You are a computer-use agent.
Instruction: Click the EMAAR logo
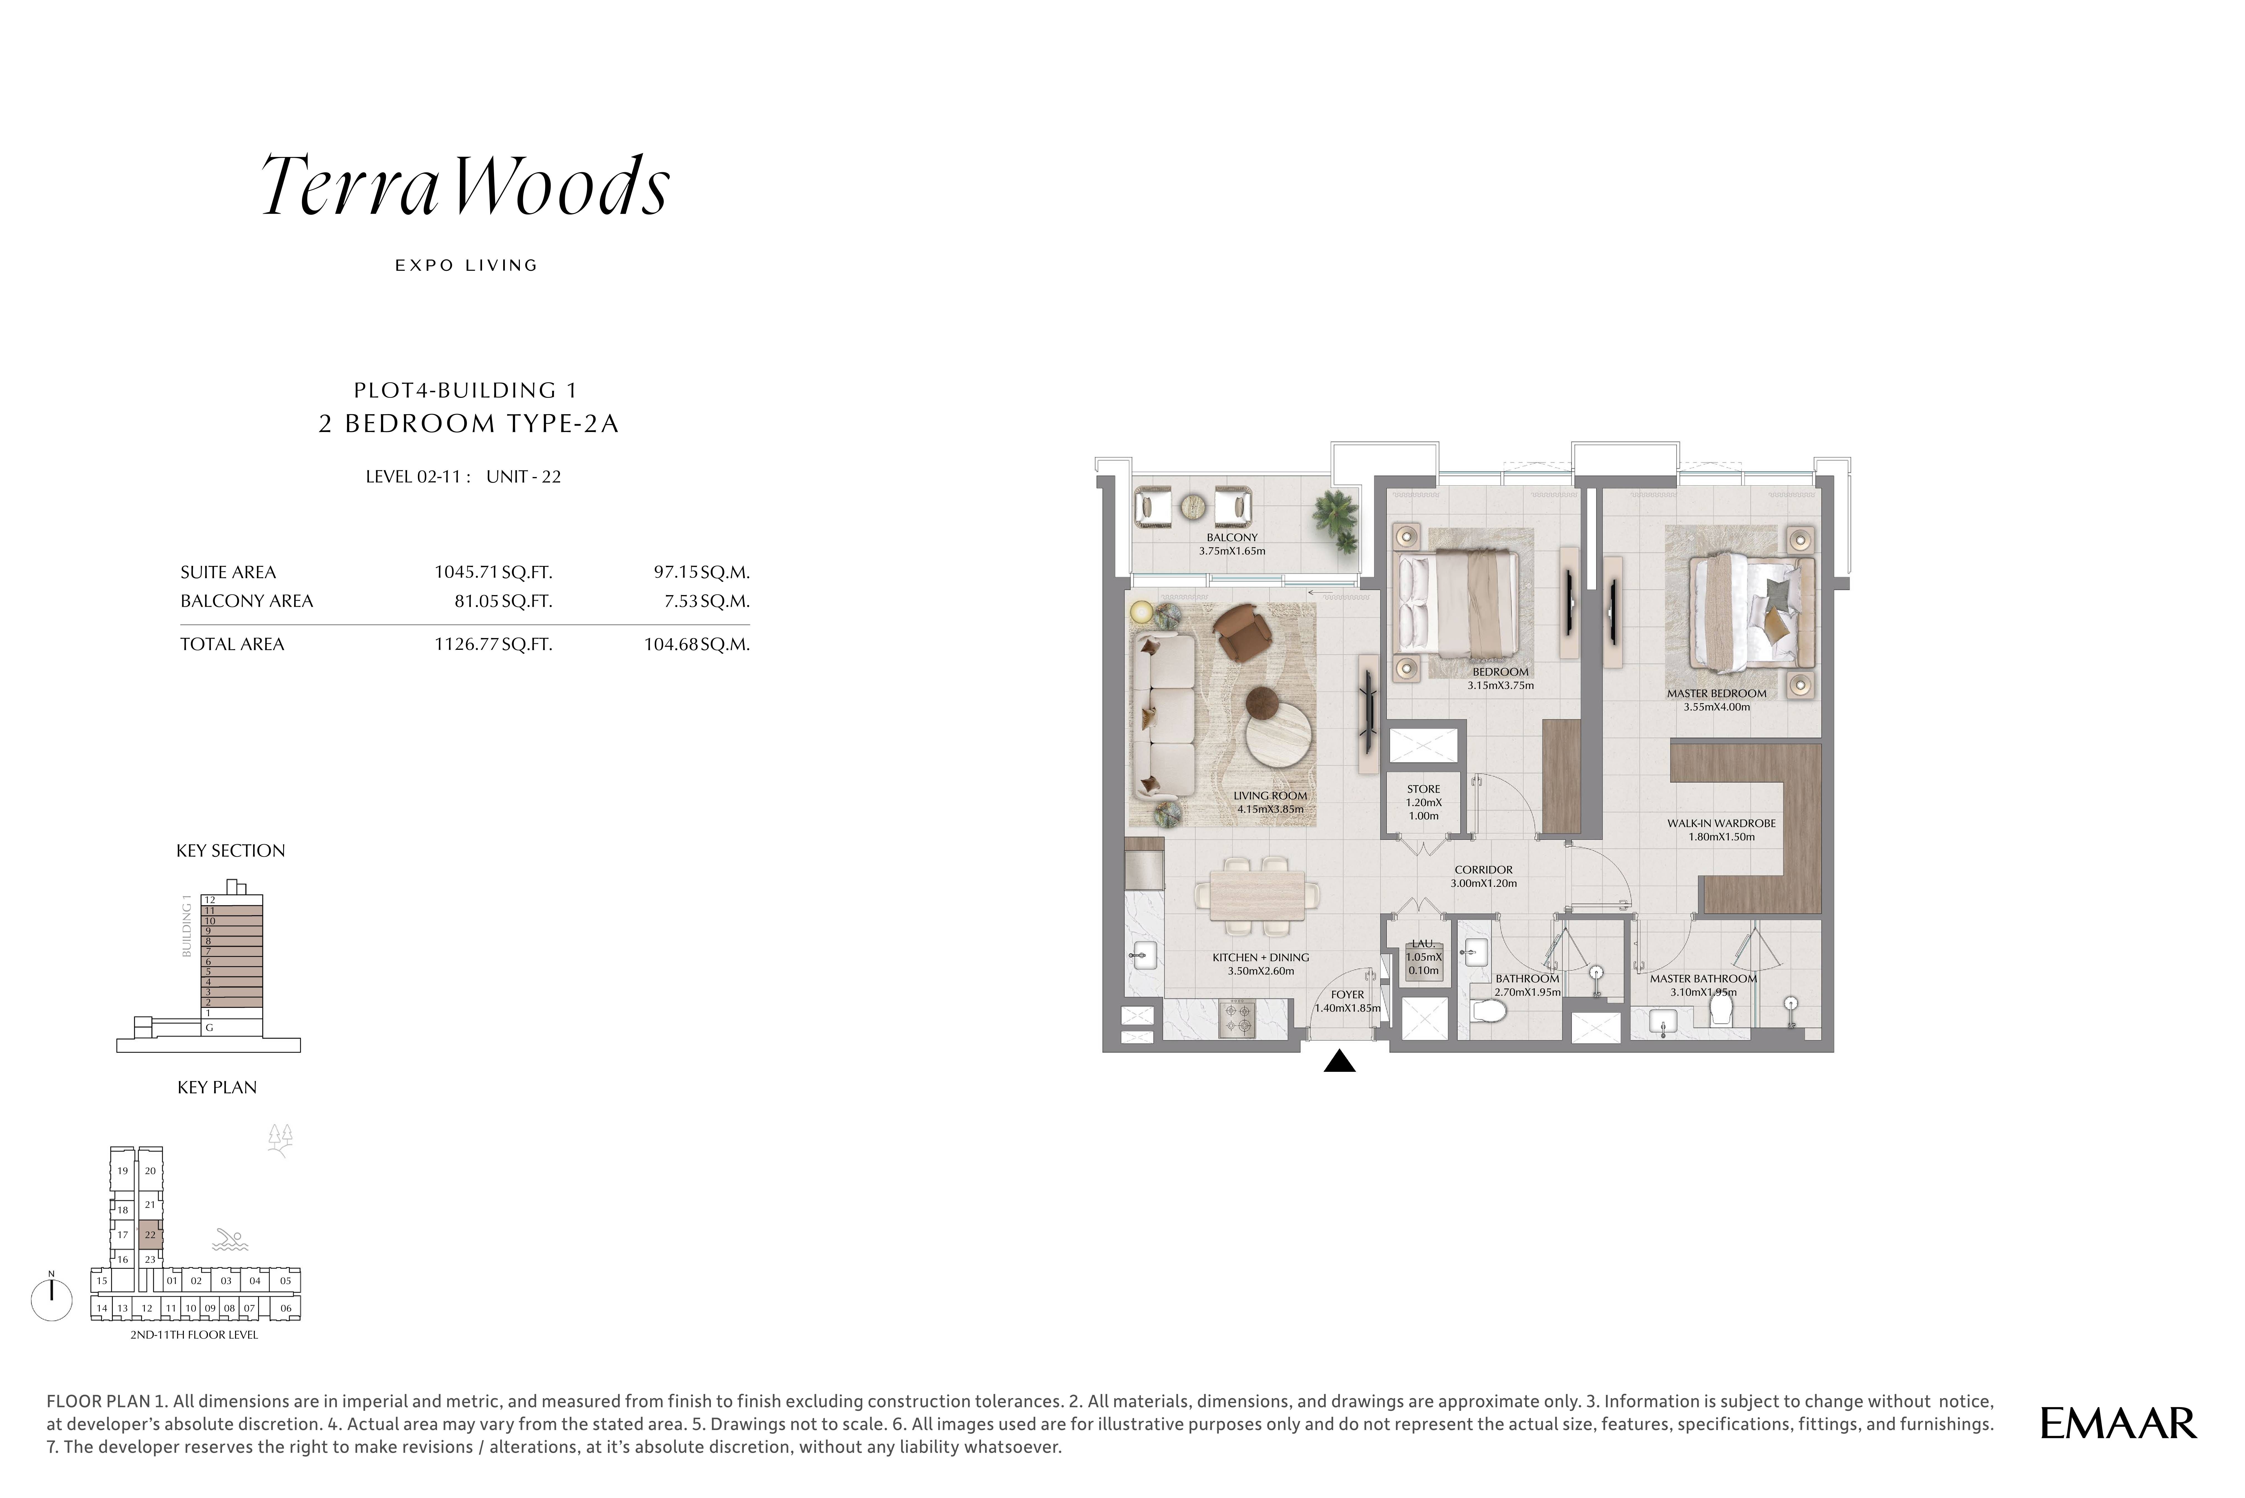(2118, 1424)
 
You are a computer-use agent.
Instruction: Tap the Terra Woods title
(465, 185)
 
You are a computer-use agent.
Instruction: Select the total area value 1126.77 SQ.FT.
(493, 644)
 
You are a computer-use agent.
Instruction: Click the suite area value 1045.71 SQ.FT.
(493, 572)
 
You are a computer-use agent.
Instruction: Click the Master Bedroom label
(1717, 694)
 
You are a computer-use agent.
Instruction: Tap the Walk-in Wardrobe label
(1722, 823)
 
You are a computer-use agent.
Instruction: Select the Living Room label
(1269, 795)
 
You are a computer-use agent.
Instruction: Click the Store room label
(1423, 789)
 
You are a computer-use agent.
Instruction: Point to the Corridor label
(1484, 869)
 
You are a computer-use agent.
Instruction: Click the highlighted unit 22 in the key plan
(150, 1234)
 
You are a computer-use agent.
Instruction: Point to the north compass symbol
(52, 1297)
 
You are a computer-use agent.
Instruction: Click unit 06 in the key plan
(286, 1308)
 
